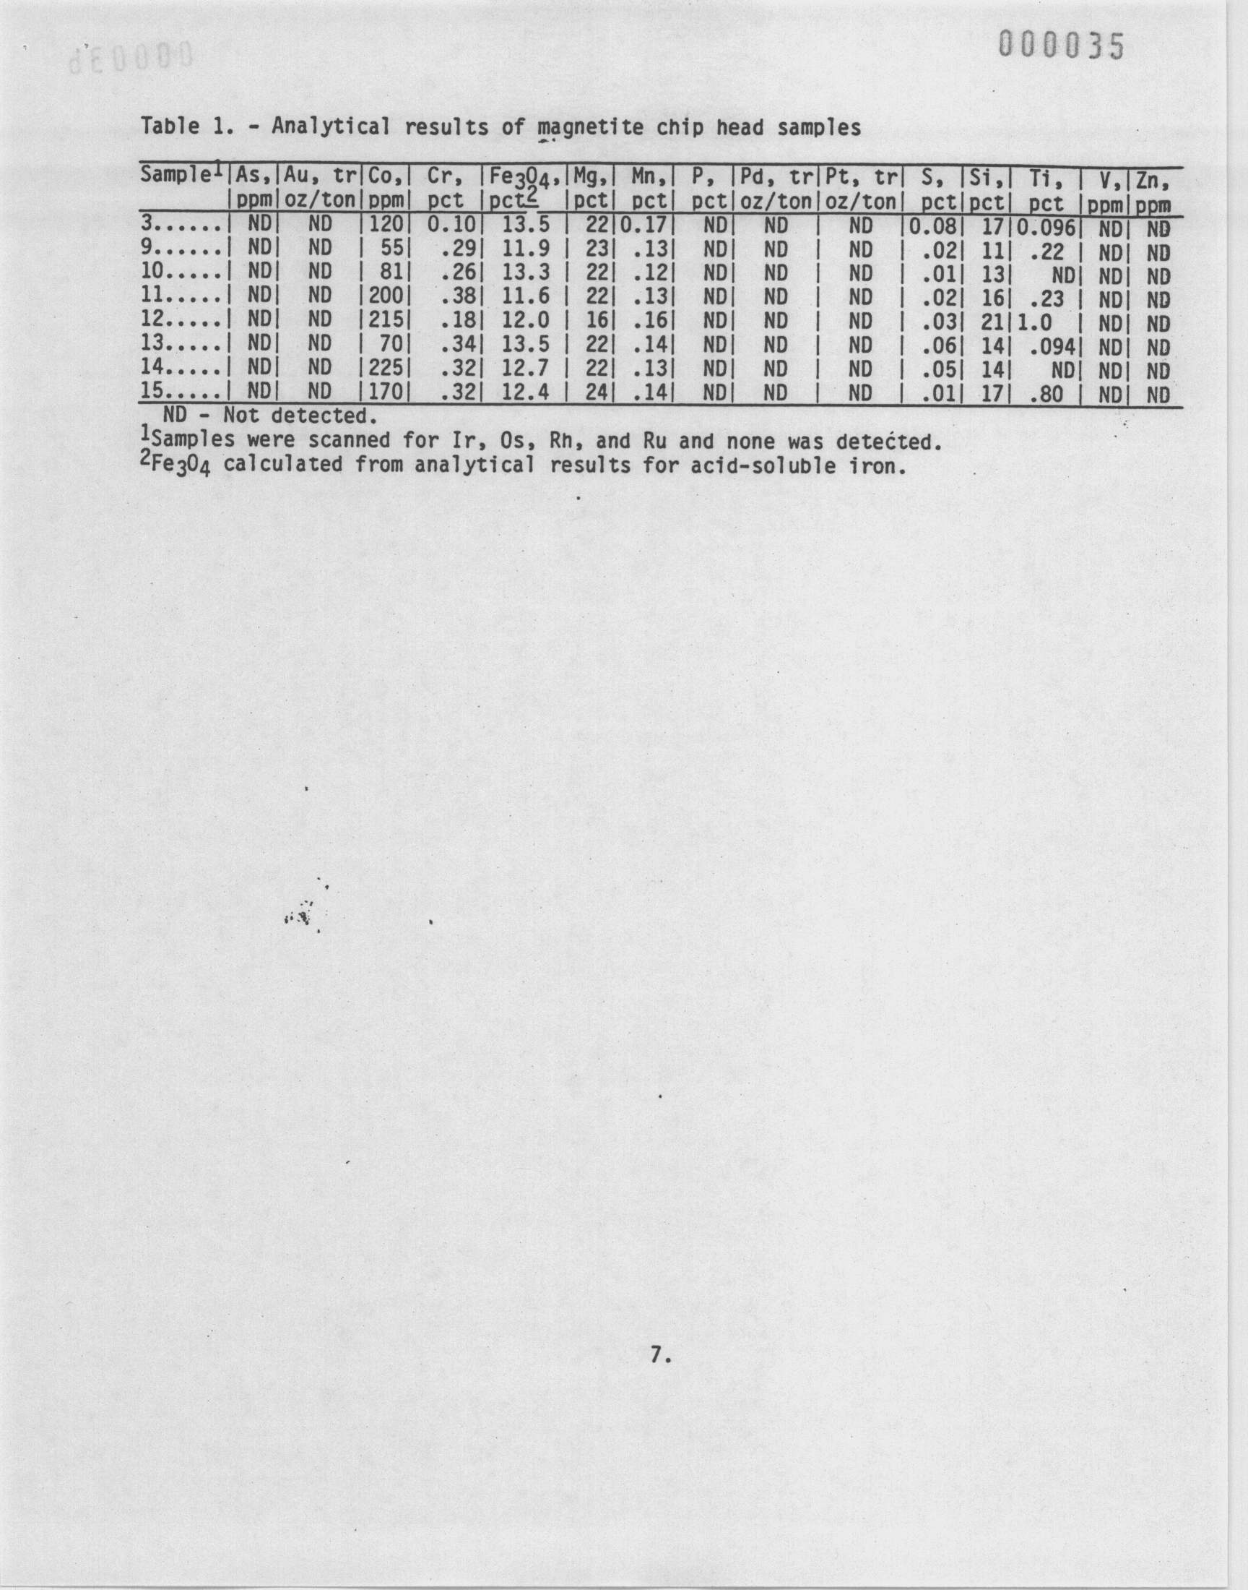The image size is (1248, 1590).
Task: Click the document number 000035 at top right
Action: (x=1062, y=48)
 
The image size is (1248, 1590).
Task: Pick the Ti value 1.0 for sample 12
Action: (x=1033, y=322)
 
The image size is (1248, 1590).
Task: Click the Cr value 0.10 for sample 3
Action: (x=451, y=226)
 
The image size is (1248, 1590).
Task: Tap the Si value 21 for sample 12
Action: (x=992, y=322)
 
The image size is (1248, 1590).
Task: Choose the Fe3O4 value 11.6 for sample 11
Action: (x=525, y=298)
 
